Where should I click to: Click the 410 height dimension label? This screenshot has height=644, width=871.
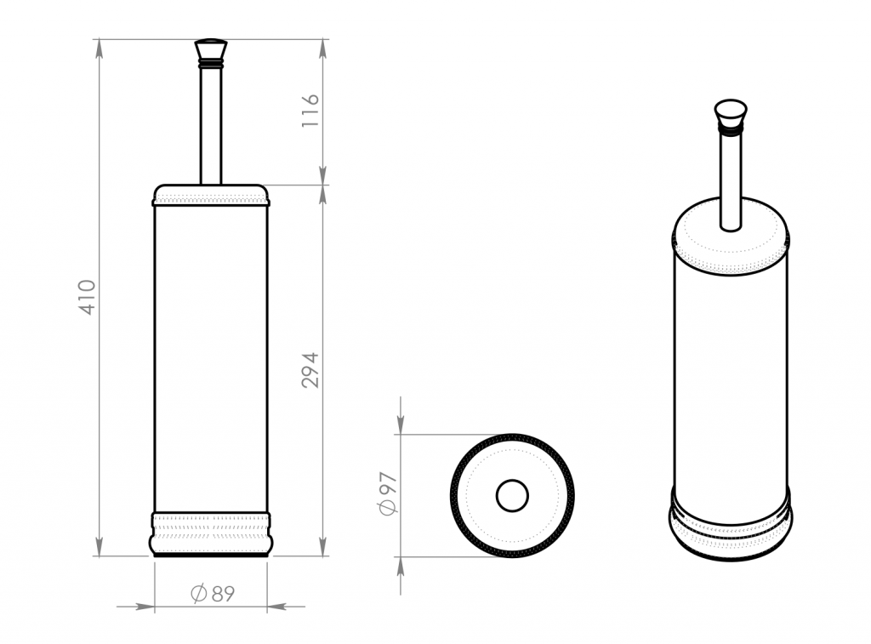pos(88,297)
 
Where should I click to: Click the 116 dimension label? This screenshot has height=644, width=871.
pos(310,111)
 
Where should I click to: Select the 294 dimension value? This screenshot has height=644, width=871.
pos(310,370)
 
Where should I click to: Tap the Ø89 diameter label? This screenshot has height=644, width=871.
pos(213,594)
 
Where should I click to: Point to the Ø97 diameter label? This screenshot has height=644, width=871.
pos(388,493)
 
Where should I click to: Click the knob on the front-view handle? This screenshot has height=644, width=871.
pos(211,49)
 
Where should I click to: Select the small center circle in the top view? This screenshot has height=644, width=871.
pos(512,496)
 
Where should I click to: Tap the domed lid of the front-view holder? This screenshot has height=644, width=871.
pos(211,195)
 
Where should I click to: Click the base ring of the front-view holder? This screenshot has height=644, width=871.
pos(211,534)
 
